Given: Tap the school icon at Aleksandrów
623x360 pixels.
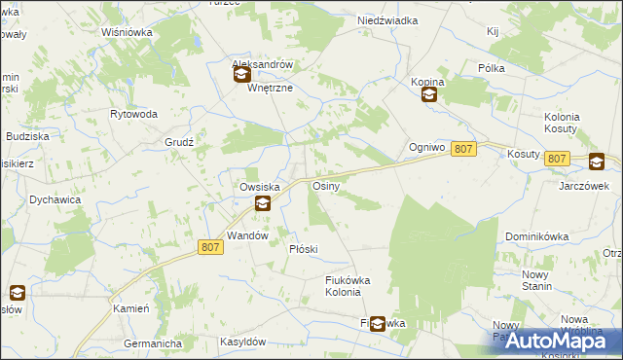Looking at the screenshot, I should coord(241,74).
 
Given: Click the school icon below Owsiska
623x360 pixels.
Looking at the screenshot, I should coord(262,203).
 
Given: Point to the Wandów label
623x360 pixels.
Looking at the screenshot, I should coord(246,235).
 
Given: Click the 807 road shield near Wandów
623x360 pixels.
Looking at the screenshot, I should coord(210,247).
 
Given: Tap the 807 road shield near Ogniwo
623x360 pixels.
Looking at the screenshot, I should coord(464,148).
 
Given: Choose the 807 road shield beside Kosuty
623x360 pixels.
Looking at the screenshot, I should coord(557,158).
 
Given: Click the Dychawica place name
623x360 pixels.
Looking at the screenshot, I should coord(55,199).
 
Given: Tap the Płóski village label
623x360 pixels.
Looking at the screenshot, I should coord(304,249).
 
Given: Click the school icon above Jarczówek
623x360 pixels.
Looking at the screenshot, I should coord(595,163).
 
